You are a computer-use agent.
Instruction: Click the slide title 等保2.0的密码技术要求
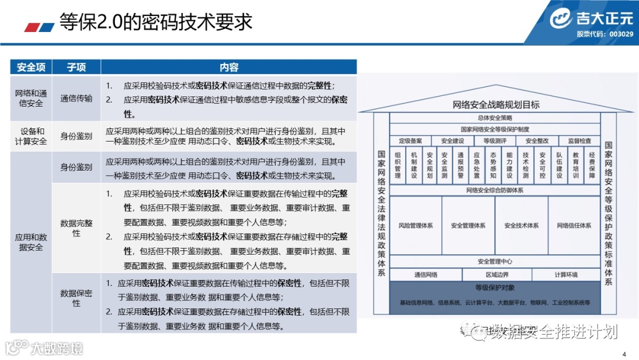click(x=156, y=22)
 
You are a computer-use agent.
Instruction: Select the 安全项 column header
click(x=31, y=67)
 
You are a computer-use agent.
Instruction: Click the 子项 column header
click(x=76, y=67)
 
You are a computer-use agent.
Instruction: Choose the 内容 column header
click(x=228, y=67)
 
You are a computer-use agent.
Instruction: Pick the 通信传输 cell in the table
click(x=76, y=98)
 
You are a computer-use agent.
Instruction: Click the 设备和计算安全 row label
click(x=31, y=136)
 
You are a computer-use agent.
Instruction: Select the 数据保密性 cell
click(x=76, y=298)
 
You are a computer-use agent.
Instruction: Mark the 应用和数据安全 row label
click(x=31, y=242)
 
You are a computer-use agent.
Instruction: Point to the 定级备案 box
click(x=411, y=141)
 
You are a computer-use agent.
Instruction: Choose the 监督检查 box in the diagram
click(x=579, y=141)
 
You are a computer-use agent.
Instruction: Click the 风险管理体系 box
click(x=415, y=226)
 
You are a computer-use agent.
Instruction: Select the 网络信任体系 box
click(x=573, y=226)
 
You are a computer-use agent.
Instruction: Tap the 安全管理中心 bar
click(x=495, y=261)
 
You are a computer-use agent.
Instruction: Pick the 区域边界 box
click(x=497, y=275)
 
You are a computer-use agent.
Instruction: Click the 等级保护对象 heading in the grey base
click(x=495, y=288)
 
